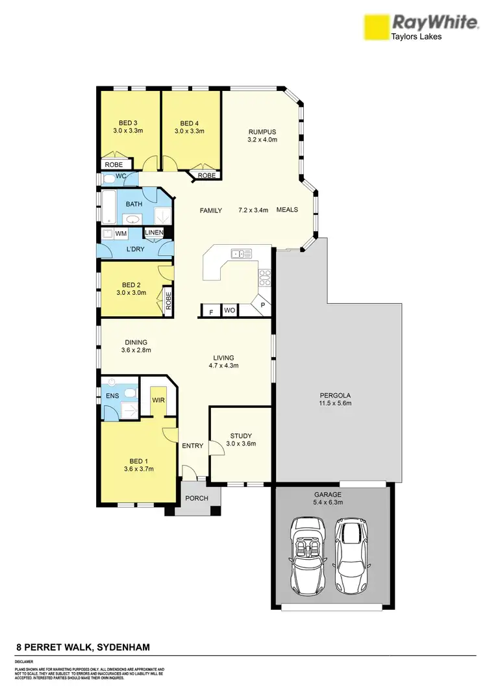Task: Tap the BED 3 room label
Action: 128,123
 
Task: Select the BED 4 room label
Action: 190,123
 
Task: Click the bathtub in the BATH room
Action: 109,206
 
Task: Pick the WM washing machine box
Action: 121,233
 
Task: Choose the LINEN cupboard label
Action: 154,232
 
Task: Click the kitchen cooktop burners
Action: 264,278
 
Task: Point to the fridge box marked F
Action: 210,312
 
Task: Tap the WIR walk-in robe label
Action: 158,401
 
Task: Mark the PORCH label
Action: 197,499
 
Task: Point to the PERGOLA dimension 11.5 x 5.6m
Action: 335,404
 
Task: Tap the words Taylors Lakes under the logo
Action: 416,37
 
